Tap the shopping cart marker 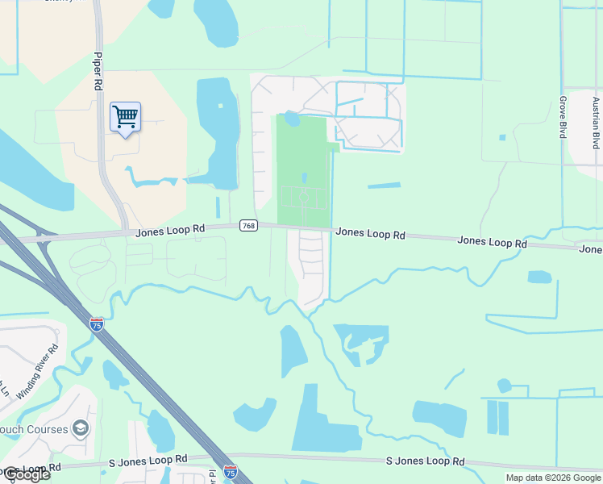click(125, 117)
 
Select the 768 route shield click(248, 227)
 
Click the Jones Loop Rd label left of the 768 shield click(169, 230)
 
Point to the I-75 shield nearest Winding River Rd click(97, 324)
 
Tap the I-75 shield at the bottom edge click(231, 470)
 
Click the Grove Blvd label click(563, 118)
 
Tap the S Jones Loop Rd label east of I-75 click(425, 461)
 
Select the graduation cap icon click(80, 428)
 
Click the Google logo click(26, 474)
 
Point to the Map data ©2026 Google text click(553, 478)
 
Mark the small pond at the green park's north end click(292, 120)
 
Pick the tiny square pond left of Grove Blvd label click(502, 137)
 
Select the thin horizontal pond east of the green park click(384, 186)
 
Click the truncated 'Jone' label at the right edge click(590, 249)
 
